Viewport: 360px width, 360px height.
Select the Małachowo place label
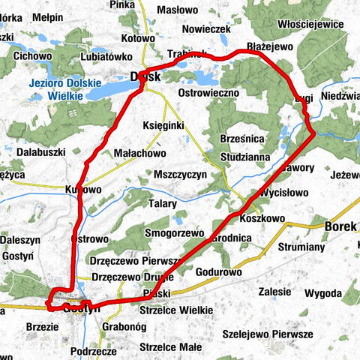pos(139,153)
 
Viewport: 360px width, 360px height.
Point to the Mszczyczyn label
pos(179,174)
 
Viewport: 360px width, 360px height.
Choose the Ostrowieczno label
pos(209,91)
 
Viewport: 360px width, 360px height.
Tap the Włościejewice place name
pos(310,24)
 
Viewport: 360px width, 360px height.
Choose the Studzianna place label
pos(246,157)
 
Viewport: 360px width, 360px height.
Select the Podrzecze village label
pos(93,351)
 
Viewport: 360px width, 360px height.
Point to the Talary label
pos(162,203)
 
